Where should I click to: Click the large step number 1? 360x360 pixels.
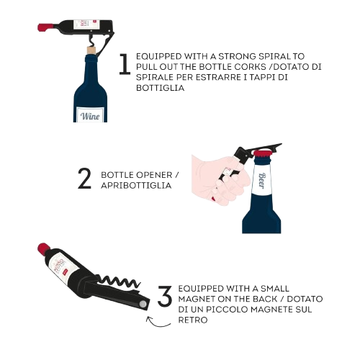(125, 64)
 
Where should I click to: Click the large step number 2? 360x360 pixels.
(84, 179)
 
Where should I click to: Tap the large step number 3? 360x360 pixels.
(165, 296)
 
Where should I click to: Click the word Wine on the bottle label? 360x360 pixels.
(90, 116)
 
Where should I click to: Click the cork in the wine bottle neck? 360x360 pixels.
(91, 50)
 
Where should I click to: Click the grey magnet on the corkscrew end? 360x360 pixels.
(143, 305)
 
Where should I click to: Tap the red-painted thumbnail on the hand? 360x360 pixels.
(213, 199)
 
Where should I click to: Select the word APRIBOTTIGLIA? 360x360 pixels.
(136, 186)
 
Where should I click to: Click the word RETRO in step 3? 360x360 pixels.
(193, 320)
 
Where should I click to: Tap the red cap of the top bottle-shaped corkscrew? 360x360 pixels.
(45, 27)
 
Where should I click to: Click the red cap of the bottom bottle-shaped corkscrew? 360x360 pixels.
(44, 248)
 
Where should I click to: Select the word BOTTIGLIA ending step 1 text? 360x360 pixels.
(160, 88)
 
